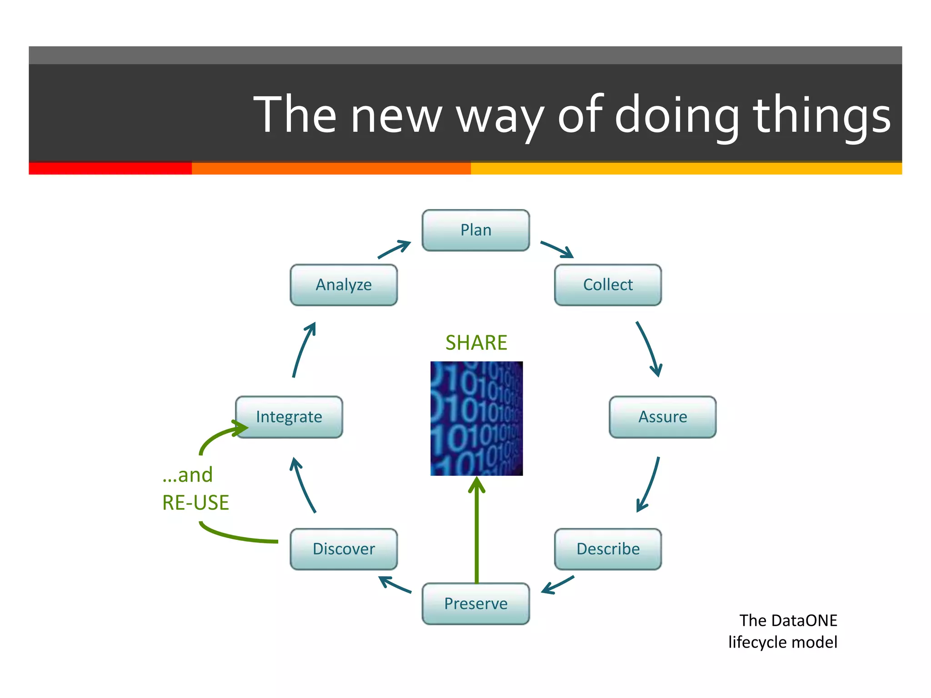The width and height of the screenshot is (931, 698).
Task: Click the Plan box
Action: (x=476, y=230)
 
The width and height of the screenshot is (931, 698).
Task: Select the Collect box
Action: (x=608, y=285)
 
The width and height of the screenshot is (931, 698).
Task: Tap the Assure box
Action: (x=662, y=417)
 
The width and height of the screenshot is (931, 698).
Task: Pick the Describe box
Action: (x=608, y=549)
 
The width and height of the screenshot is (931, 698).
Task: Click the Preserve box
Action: (x=476, y=603)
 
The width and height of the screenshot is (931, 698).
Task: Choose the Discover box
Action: (x=344, y=549)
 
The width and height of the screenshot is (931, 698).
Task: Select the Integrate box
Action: (x=289, y=417)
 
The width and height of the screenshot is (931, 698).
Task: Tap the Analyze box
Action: (x=344, y=285)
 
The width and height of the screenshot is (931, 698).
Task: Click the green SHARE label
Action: (x=476, y=343)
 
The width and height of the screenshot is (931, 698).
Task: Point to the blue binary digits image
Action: (x=476, y=419)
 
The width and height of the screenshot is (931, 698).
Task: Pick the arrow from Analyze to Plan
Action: (x=394, y=250)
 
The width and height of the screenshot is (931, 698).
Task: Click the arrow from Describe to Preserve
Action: (x=558, y=585)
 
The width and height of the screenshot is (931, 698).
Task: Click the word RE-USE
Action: (x=195, y=503)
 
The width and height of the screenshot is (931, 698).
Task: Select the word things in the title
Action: (x=822, y=115)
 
